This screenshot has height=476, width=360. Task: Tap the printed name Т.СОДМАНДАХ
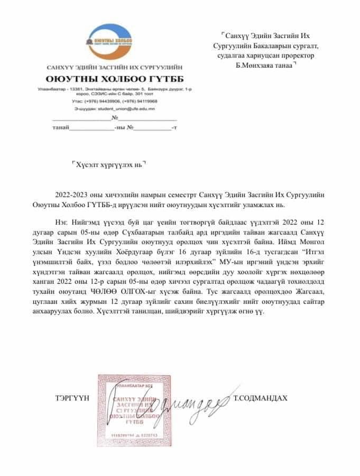click(260, 397)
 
